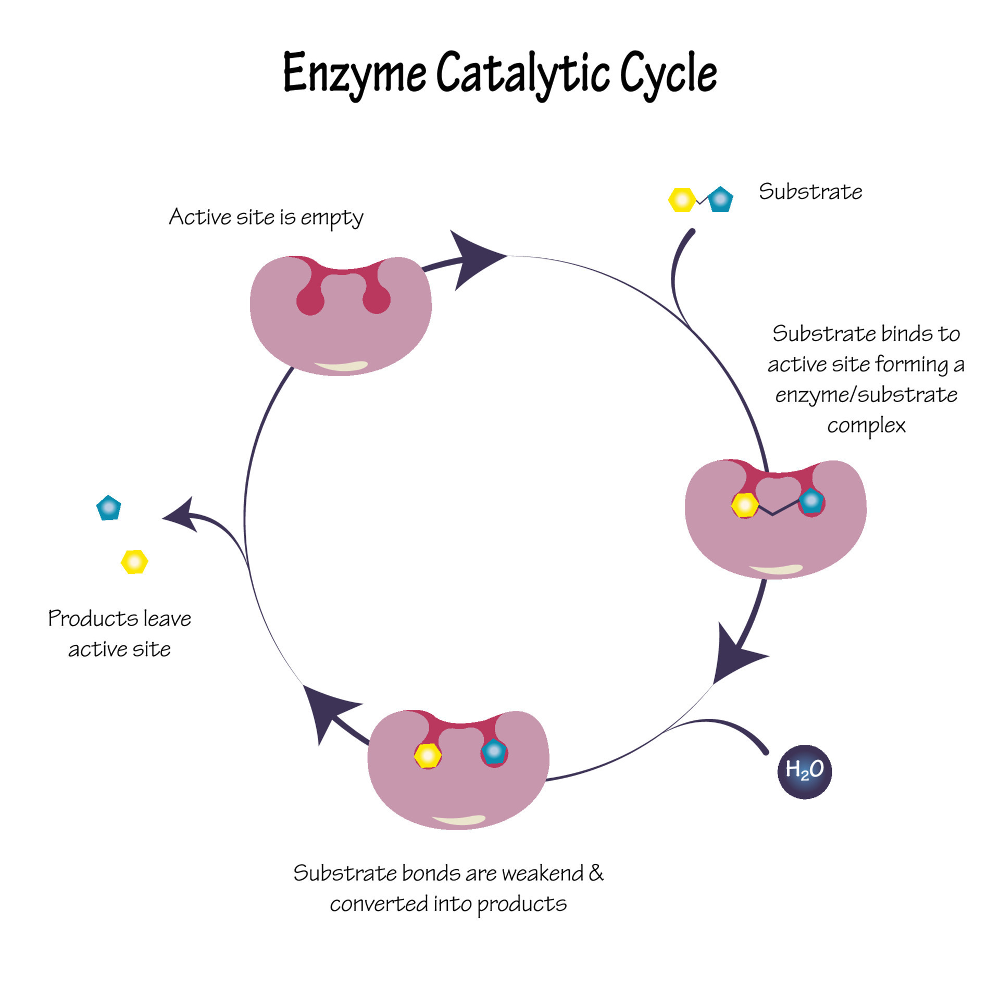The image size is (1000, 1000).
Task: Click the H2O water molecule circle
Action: (804, 771)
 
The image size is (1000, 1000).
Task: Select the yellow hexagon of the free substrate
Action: (682, 200)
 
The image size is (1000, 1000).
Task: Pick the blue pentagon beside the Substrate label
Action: (721, 199)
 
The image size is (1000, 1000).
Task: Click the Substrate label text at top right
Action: (810, 192)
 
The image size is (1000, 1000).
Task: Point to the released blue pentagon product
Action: (109, 508)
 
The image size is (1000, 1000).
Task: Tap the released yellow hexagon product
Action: (134, 562)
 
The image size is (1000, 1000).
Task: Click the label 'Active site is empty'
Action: (266, 217)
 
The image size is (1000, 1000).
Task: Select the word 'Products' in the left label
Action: (93, 619)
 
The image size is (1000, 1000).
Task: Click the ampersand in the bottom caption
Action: (596, 873)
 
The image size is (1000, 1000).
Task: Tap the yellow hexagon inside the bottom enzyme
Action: (428, 755)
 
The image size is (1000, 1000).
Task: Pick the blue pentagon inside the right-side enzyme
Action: (811, 501)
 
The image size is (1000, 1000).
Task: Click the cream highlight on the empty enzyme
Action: (341, 366)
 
